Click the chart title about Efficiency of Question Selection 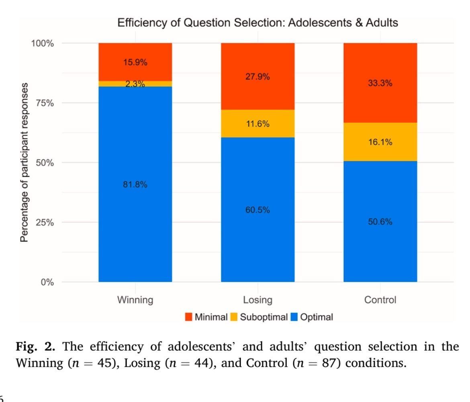(257, 23)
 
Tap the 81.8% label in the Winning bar (135, 185)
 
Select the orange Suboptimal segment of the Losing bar (257, 124)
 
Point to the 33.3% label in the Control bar (380, 83)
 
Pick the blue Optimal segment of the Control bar (380, 241)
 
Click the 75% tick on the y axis (43, 103)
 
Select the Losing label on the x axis (257, 300)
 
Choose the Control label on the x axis (380, 300)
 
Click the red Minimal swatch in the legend (189, 317)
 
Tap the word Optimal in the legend (317, 317)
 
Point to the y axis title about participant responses (25, 162)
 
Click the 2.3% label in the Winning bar (135, 84)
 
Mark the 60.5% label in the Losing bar (257, 210)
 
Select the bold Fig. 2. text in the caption (39, 346)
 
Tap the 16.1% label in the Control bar (380, 142)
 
